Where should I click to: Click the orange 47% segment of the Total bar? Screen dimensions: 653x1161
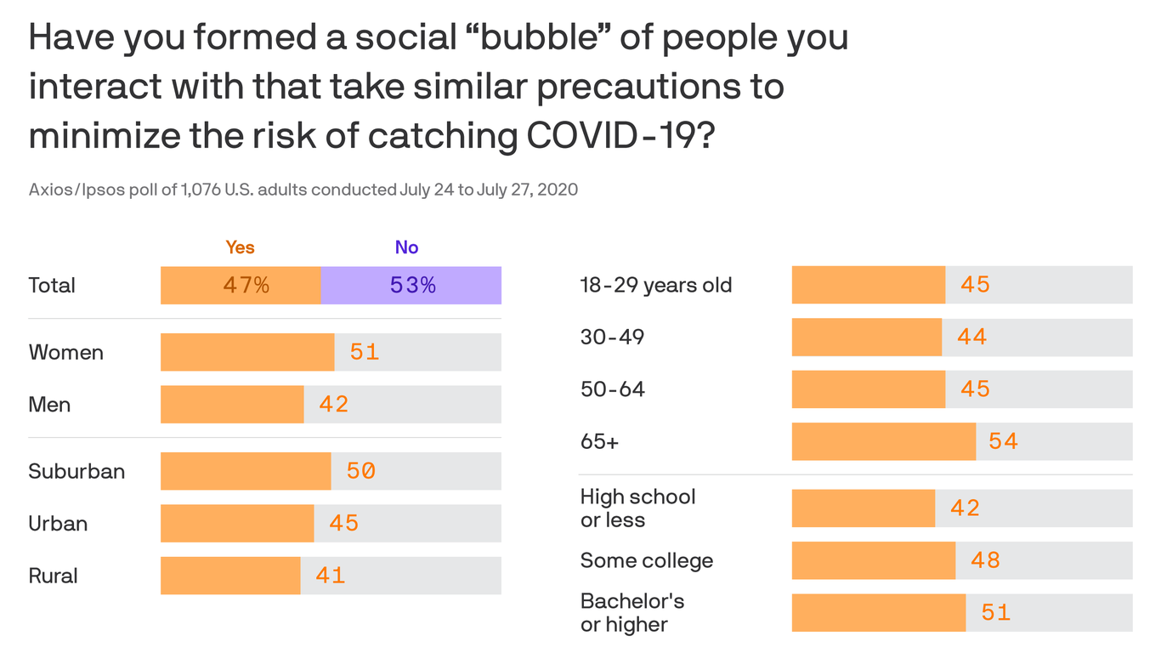pyautogui.click(x=241, y=286)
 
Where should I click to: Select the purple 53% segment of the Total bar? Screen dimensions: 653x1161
pyautogui.click(x=411, y=286)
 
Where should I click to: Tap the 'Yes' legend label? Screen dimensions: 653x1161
pyautogui.click(x=240, y=247)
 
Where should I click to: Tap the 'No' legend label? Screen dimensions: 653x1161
pyautogui.click(x=406, y=247)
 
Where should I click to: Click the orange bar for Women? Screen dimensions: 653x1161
pyautogui.click(x=247, y=352)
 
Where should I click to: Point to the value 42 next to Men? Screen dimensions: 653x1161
pyautogui.click(x=334, y=404)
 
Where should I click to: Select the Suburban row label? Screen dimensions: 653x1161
pyautogui.click(x=76, y=471)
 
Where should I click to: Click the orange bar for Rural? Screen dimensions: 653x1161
pyautogui.click(x=230, y=576)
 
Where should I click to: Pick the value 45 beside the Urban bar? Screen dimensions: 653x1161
pyautogui.click(x=343, y=523)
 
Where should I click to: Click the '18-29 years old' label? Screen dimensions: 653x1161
pyautogui.click(x=655, y=285)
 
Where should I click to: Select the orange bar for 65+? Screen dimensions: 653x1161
pyautogui.click(x=883, y=441)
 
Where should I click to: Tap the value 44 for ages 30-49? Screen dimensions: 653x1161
pyautogui.click(x=971, y=338)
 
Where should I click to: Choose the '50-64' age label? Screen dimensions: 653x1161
pyautogui.click(x=612, y=389)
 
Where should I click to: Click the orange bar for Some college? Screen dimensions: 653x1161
pyautogui.click(x=873, y=561)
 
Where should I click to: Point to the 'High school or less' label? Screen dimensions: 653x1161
pyautogui.click(x=637, y=508)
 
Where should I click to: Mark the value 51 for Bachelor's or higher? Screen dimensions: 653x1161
pyautogui.click(x=995, y=613)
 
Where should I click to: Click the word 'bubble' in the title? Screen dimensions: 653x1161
pyautogui.click(x=541, y=38)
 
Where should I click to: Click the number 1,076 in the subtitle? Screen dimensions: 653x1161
pyautogui.click(x=201, y=190)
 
